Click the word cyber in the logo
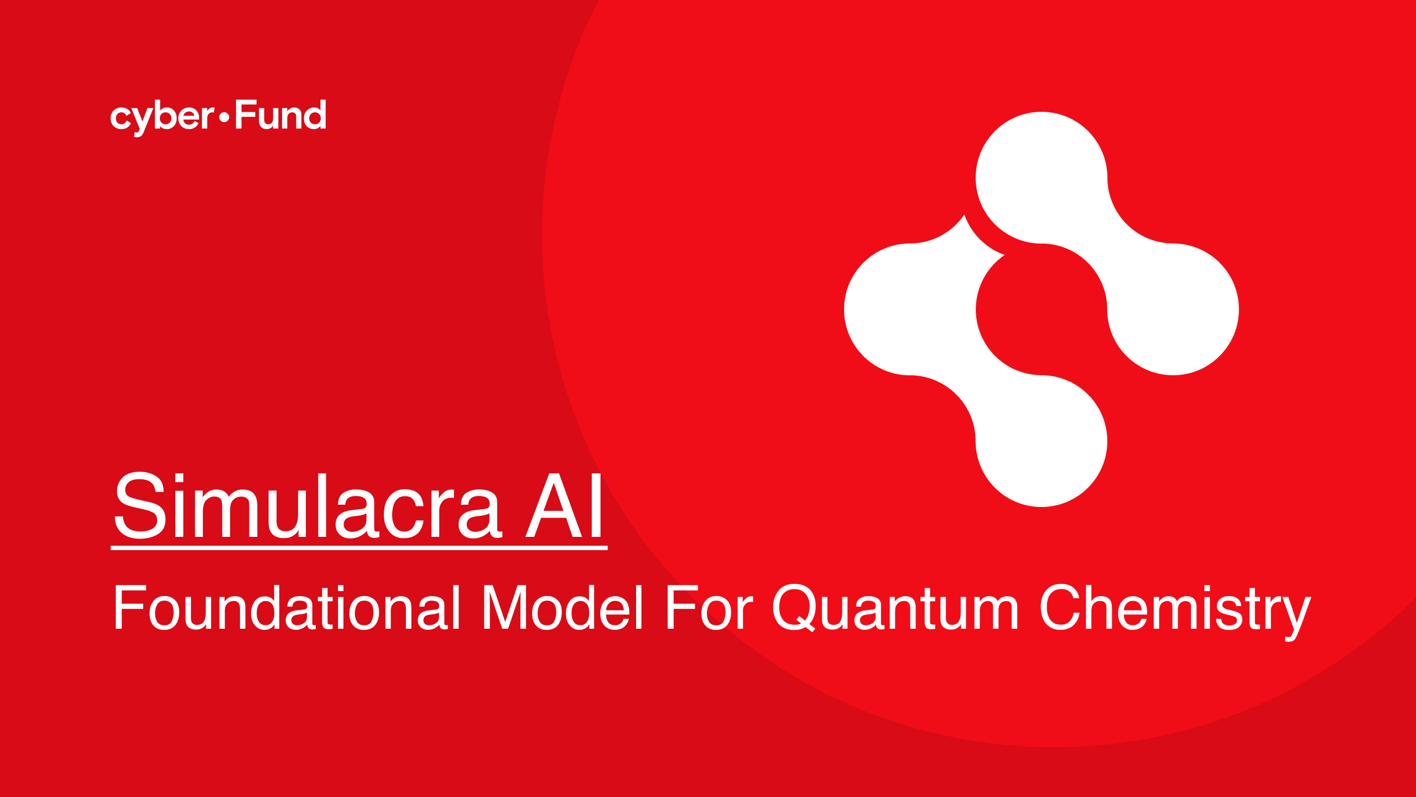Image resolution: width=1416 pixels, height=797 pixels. (162, 117)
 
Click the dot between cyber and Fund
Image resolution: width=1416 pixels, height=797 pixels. (224, 117)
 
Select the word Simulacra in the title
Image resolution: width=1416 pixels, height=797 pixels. (308, 506)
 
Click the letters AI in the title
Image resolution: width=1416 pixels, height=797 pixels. (564, 506)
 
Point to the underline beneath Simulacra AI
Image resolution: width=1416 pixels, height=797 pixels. (359, 548)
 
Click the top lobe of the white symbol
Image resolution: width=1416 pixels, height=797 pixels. (1041, 177)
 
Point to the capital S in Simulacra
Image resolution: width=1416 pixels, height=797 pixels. (140, 506)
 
